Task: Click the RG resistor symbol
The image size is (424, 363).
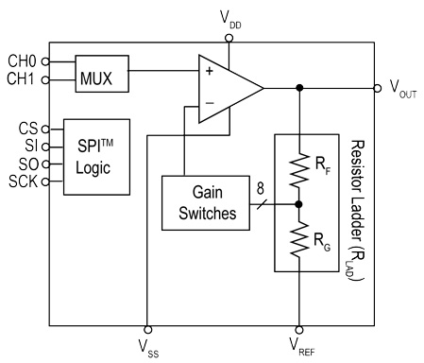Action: pos(299,237)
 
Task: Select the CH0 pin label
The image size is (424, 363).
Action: pos(21,61)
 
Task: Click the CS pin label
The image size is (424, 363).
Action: pos(27,126)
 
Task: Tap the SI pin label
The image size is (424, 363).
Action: pos(29,144)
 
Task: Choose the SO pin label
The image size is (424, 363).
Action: pos(27,162)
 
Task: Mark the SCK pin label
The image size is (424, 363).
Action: pos(23,180)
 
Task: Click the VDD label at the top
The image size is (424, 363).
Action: pos(229,16)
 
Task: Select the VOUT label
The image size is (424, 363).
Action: pos(403,89)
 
